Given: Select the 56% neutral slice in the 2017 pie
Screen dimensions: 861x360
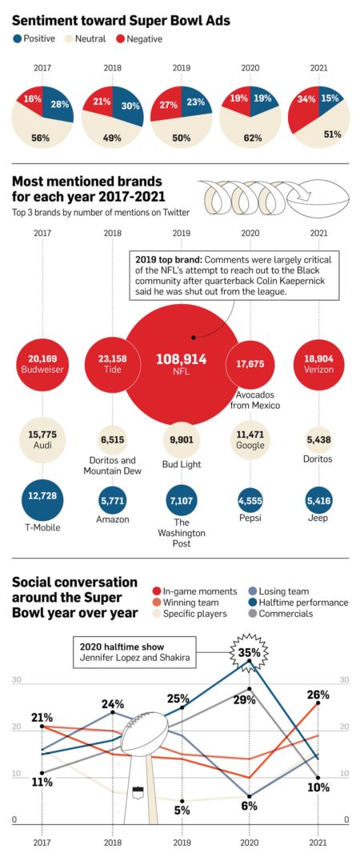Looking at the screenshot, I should (40, 134).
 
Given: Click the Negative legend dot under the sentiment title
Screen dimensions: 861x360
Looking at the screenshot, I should (121, 38).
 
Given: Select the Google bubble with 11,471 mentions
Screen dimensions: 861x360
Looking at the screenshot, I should (248, 439).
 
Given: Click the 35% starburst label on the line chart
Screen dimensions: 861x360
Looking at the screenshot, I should (248, 652).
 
